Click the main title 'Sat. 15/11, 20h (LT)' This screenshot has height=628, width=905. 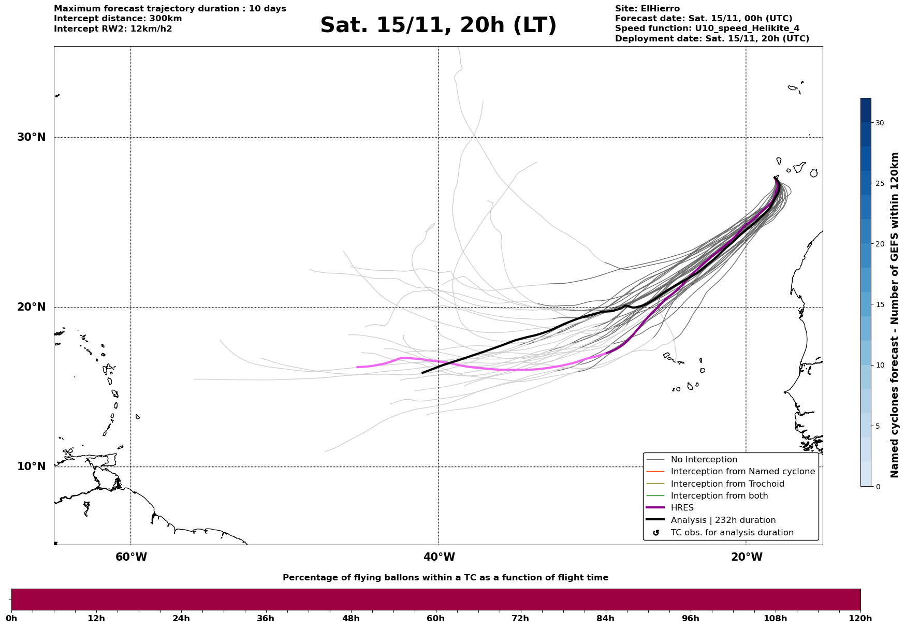438,25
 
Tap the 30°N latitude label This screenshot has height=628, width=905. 32,137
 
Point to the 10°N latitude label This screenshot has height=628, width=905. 32,466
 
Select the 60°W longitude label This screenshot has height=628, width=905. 131,557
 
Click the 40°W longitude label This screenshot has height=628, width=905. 439,557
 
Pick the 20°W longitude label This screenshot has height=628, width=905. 747,557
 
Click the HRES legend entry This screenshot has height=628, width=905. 682,508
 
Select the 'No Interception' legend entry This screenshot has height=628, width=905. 704,460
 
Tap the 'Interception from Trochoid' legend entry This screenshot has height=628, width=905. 727,484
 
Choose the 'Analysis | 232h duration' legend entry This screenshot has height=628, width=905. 723,520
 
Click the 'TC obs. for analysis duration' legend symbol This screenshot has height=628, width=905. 656,533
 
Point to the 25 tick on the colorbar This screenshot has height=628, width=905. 880,183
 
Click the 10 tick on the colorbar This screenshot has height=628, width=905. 880,365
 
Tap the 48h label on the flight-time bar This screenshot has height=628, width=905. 351,618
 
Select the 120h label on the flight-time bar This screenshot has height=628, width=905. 860,618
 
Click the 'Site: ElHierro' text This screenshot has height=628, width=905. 647,9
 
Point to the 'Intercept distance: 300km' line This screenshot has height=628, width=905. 118,19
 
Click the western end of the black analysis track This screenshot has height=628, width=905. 422,373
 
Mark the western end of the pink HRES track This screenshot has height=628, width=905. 357,367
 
